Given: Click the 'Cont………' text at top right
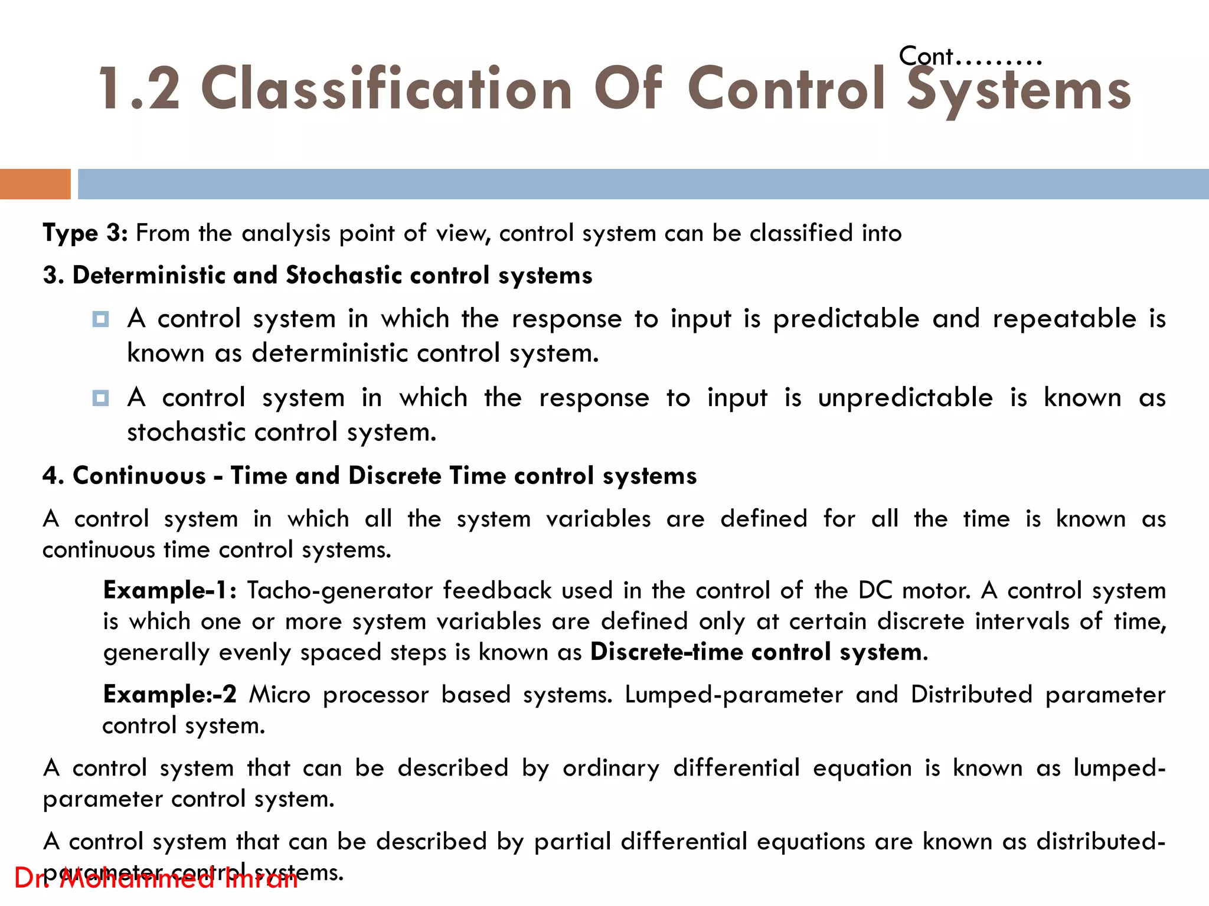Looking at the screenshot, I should [969, 57].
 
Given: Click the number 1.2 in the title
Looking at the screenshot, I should [139, 89].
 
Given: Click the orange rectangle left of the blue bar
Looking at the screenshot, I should [35, 184].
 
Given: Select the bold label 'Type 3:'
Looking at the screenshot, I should [85, 233].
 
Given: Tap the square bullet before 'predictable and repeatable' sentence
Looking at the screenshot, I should [101, 319].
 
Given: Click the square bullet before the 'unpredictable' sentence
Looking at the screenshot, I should [101, 398].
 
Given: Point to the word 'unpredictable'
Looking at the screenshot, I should [905, 398].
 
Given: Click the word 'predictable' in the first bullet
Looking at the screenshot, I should [846, 319].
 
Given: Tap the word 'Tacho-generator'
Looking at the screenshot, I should [339, 590].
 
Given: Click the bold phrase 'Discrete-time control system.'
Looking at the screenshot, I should [759, 652].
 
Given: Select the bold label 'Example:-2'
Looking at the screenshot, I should [169, 695].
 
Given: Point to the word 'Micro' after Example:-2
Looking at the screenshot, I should [279, 695].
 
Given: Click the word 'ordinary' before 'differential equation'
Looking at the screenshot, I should [611, 768].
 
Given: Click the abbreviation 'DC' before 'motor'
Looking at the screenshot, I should [875, 590].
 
